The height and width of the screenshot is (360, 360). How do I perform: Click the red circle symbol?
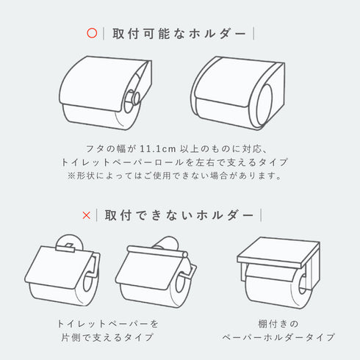click(x=92, y=33)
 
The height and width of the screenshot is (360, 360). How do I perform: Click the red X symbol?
click(x=87, y=215)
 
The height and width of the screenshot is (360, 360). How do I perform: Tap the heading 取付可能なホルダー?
click(x=179, y=34)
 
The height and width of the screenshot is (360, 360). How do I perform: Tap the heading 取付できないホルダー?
click(x=179, y=215)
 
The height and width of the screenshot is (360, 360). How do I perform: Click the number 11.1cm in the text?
click(x=158, y=148)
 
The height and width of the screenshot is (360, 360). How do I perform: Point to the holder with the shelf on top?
click(x=278, y=272)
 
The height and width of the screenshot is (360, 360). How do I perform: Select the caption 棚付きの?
click(x=278, y=324)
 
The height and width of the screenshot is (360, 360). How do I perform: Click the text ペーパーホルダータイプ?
click(x=278, y=337)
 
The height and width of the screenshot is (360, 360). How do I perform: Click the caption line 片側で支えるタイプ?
click(x=107, y=337)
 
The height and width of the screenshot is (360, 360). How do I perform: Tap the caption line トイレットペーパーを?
click(x=108, y=324)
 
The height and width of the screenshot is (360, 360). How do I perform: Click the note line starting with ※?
click(x=175, y=176)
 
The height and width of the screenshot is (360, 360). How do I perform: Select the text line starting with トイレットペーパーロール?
click(x=175, y=162)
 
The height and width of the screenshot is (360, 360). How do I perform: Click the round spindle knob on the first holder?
click(x=132, y=98)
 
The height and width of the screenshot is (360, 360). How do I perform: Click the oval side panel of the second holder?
click(x=265, y=104)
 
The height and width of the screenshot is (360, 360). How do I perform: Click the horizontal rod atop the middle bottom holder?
click(x=157, y=252)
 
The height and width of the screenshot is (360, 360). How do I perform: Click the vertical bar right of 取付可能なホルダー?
click(x=253, y=34)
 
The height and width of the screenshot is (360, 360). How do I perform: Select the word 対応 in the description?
click(x=252, y=148)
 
